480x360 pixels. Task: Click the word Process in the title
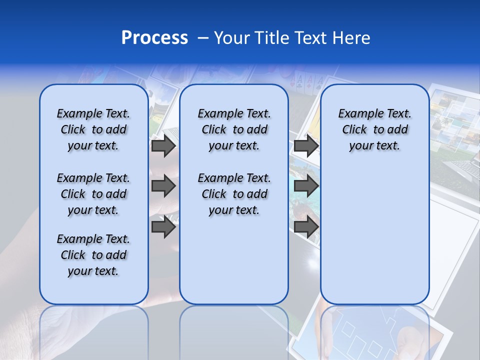coord(154,38)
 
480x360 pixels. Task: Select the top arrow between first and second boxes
coord(163,145)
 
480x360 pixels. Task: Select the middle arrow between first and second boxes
coord(163,186)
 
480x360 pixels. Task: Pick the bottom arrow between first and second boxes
coord(163,227)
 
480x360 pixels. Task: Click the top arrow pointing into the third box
coord(306,145)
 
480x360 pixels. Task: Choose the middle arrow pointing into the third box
coord(306,186)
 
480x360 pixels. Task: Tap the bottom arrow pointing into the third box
coord(306,227)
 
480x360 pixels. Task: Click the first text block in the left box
coord(93,129)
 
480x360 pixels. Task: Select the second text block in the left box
coord(93,194)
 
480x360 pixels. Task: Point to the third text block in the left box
coord(93,255)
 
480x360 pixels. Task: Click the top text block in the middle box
coord(234,129)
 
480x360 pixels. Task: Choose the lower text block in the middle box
coord(234,194)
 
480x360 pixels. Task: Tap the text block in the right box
coord(374,129)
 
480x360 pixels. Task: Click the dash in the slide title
coord(203,38)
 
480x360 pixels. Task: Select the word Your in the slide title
coord(232,38)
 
